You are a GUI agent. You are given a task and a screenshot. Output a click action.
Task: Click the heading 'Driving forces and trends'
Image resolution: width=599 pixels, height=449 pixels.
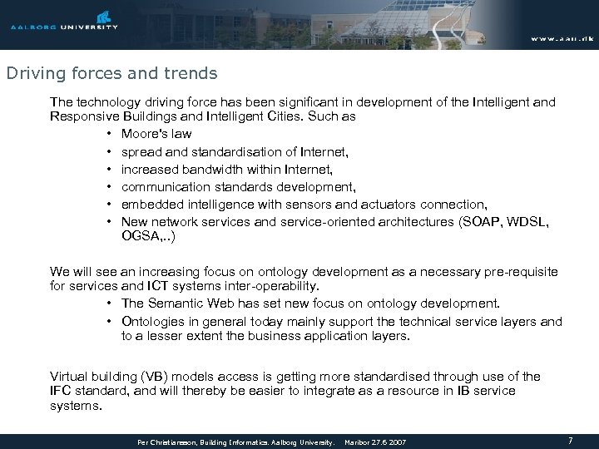point(111,73)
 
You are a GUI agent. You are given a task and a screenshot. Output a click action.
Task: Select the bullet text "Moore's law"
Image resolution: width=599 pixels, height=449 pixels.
point(156,133)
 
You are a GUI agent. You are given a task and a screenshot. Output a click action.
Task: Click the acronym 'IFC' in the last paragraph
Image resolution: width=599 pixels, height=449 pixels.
point(62,390)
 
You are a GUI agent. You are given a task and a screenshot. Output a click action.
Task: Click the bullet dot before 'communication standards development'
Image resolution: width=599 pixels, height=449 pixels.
point(110,185)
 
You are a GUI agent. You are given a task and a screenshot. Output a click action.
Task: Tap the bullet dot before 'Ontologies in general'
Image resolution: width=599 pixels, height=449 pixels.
point(110,321)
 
